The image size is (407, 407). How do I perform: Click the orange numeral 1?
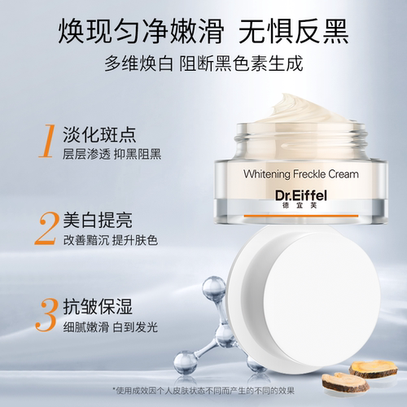click(47, 141)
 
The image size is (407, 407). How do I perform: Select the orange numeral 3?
click(46, 315)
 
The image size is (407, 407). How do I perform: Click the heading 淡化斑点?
click(99, 134)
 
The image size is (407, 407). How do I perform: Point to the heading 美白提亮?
click(98, 220)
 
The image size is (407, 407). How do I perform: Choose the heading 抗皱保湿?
click(98, 307)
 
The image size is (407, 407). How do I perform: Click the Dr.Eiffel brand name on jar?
click(301, 195)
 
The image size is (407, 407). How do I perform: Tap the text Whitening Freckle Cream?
click(301, 174)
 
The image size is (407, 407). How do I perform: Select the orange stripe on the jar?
click(301, 216)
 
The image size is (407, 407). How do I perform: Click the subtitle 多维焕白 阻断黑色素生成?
click(203, 63)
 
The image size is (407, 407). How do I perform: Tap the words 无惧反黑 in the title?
click(293, 31)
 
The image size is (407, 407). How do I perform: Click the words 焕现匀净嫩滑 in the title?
click(141, 31)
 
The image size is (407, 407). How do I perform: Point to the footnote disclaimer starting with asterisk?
click(203, 391)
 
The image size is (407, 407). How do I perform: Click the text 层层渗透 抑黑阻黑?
click(112, 154)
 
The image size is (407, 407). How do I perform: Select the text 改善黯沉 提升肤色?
click(111, 240)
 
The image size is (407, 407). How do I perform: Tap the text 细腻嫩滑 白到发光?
click(111, 327)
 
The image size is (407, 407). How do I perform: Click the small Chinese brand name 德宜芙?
click(300, 205)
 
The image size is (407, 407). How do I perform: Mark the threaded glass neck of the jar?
click(301, 141)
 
